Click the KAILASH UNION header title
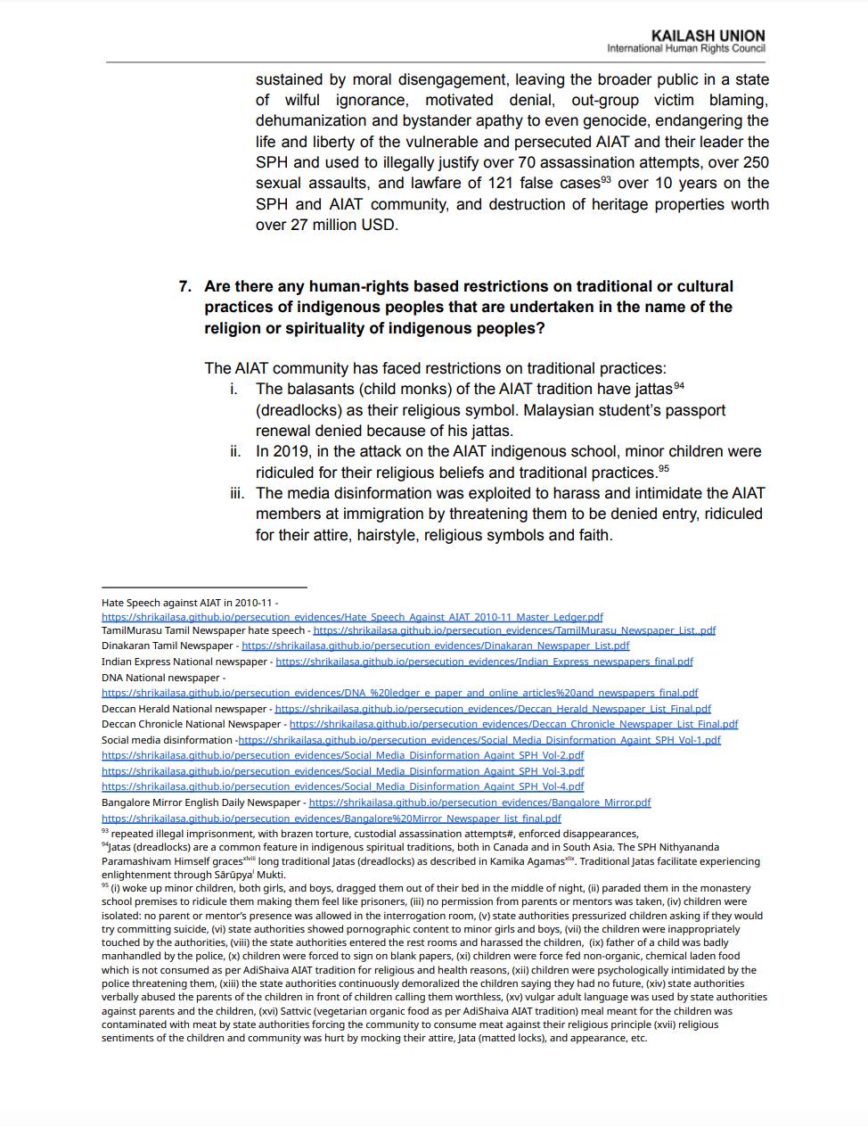tap(708, 36)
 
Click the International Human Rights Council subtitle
tap(685, 48)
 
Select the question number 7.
tap(184, 286)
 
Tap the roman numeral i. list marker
tap(233, 389)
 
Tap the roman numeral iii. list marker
tap(236, 493)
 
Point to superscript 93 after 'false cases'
tap(605, 179)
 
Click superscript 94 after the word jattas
tap(678, 385)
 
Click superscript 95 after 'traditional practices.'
tap(663, 469)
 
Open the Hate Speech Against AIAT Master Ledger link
tap(352, 617)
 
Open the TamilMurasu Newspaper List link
tap(514, 630)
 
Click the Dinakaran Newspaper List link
tap(435, 646)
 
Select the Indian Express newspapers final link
tap(484, 662)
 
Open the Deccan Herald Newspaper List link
tap(493, 709)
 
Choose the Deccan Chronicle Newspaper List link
tap(513, 724)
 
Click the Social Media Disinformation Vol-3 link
tap(343, 771)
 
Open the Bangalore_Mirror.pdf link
tap(479, 802)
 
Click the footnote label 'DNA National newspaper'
tap(160, 678)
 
